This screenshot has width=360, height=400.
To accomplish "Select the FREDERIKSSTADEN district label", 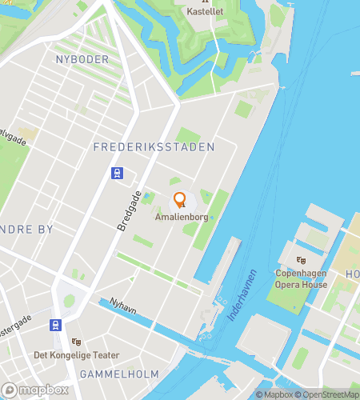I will tap(154, 147).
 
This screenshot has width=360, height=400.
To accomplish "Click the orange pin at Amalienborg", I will tap(180, 200).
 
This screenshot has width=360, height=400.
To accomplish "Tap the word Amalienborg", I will tap(180, 217).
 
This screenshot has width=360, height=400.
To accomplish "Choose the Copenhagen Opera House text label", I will tap(302, 278).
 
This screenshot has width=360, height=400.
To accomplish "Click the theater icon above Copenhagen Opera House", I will tap(302, 260).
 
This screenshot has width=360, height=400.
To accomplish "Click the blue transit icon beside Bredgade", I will tap(118, 173).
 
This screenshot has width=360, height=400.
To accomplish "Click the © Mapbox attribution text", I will tap(274, 394).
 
